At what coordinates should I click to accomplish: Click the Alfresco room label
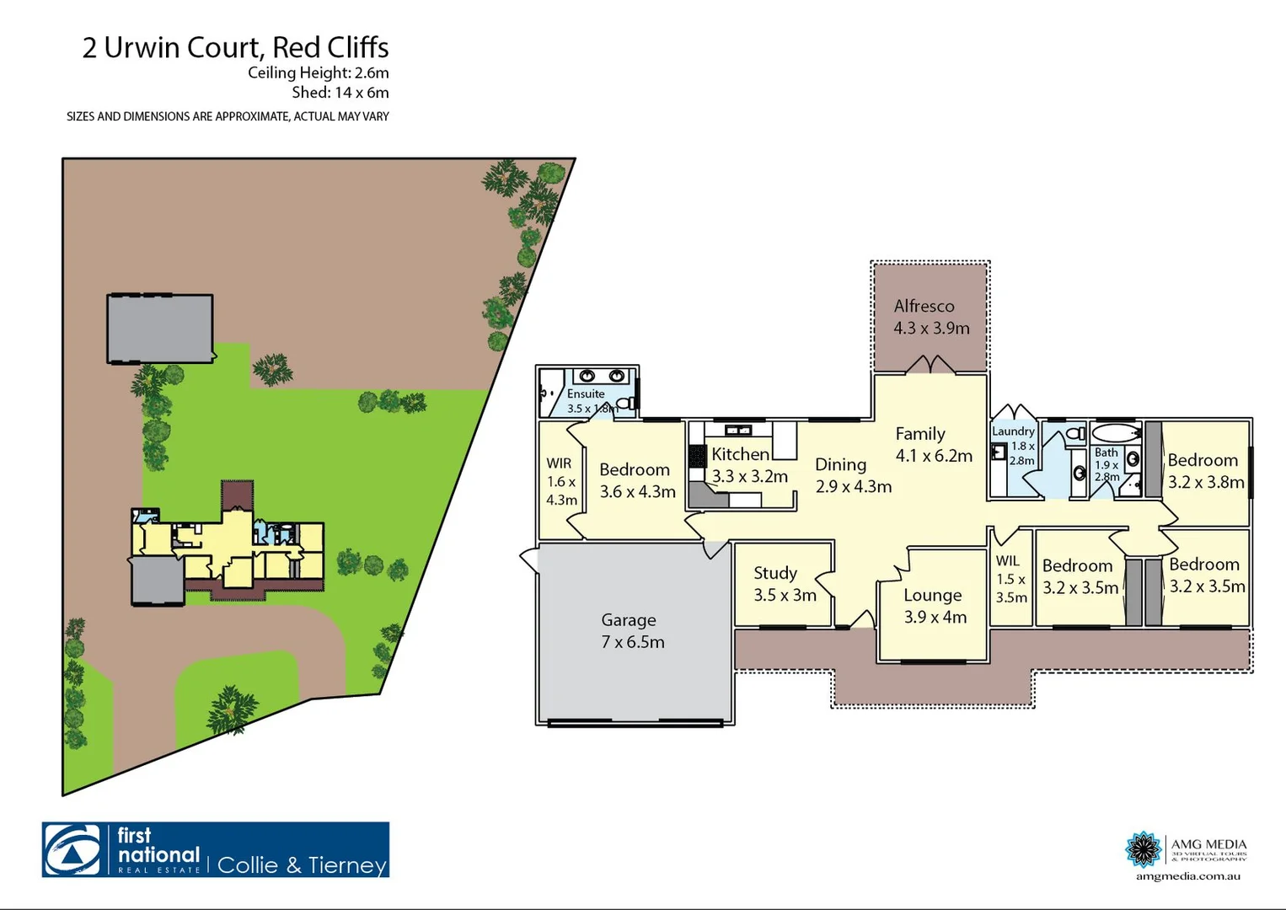pyautogui.click(x=924, y=306)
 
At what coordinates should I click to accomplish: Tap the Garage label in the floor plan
pyautogui.click(x=628, y=620)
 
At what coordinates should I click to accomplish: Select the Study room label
pyautogui.click(x=775, y=573)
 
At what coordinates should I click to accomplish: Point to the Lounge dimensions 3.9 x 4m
pyautogui.click(x=935, y=617)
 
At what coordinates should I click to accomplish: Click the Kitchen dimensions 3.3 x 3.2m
pyautogui.click(x=749, y=476)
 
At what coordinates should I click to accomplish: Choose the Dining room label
pyautogui.click(x=840, y=464)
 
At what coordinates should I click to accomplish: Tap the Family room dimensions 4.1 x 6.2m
pyautogui.click(x=934, y=456)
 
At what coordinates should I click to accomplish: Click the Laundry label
pyautogui.click(x=1013, y=431)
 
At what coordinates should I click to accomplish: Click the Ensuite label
pyautogui.click(x=586, y=393)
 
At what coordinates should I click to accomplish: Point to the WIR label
pyautogui.click(x=559, y=463)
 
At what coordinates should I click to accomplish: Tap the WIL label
pyautogui.click(x=1008, y=560)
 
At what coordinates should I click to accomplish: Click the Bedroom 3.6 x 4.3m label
pyautogui.click(x=635, y=469)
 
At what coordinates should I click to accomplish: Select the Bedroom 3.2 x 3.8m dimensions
pyautogui.click(x=1206, y=482)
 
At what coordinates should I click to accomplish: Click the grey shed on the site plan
pyautogui.click(x=160, y=328)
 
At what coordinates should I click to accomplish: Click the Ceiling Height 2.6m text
pyautogui.click(x=318, y=72)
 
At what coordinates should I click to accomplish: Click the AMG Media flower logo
pyautogui.click(x=1144, y=848)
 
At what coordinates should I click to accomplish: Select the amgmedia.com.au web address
pyautogui.click(x=1187, y=876)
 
